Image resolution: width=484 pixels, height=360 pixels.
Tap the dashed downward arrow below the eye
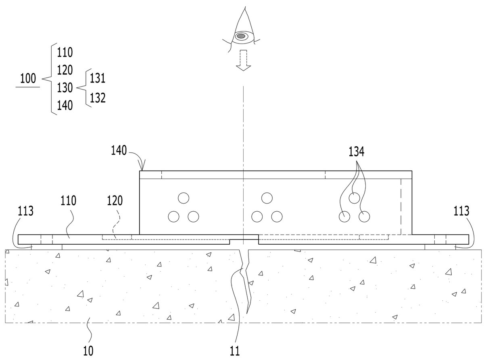click(x=243, y=60)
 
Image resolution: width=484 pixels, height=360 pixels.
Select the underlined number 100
click(x=28, y=79)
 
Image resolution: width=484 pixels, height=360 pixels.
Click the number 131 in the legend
click(x=98, y=78)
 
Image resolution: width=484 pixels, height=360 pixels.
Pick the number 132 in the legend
click(x=98, y=98)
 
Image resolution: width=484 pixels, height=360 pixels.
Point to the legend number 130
click(x=65, y=88)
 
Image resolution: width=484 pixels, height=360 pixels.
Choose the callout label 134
click(x=356, y=152)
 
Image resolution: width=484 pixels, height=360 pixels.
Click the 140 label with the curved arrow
click(x=119, y=150)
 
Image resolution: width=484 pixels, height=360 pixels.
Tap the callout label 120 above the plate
click(x=115, y=201)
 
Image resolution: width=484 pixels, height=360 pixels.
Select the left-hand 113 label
click(x=25, y=211)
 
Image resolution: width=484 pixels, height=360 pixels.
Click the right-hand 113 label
click(x=461, y=211)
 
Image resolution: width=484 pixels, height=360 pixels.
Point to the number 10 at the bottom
click(x=88, y=351)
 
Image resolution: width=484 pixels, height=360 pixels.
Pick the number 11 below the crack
click(x=235, y=351)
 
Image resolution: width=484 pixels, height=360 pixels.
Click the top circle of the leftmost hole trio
click(x=183, y=198)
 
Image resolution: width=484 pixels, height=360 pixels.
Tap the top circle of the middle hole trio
click(x=267, y=198)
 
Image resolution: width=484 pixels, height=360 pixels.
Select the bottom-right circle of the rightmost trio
click(x=364, y=216)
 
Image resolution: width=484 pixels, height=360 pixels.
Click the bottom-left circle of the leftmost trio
click(x=174, y=216)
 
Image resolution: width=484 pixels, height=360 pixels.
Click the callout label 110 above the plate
click(x=68, y=201)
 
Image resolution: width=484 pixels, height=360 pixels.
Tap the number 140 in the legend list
click(x=65, y=105)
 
